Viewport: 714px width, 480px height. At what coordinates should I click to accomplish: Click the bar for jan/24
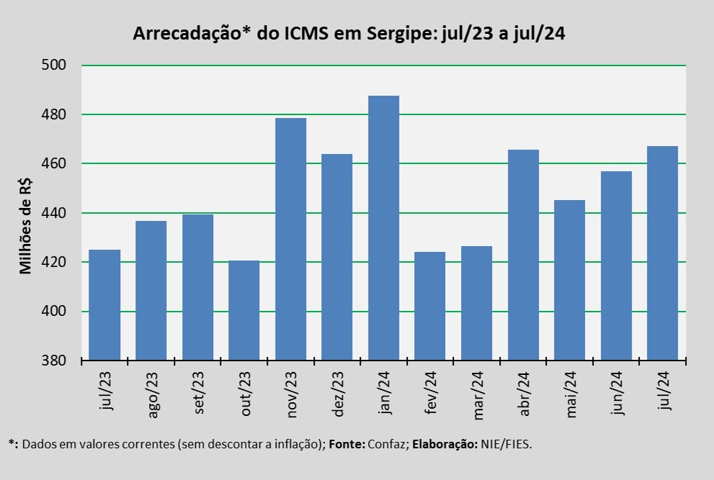click(x=383, y=227)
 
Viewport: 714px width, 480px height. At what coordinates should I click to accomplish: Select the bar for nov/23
click(x=290, y=238)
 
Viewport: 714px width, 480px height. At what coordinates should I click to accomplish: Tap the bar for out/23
click(x=244, y=310)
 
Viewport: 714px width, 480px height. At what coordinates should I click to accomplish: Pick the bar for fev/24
click(x=429, y=306)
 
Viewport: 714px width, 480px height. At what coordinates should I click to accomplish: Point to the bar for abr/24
click(x=523, y=255)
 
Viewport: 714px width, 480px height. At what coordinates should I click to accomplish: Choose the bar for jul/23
click(x=104, y=304)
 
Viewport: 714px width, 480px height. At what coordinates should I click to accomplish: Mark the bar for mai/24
click(x=569, y=280)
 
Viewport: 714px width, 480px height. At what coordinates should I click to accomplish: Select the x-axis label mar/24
click(x=478, y=391)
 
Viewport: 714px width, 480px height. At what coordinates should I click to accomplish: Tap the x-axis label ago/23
click(x=151, y=392)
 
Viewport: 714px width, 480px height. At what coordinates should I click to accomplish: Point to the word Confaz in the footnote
click(x=387, y=444)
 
